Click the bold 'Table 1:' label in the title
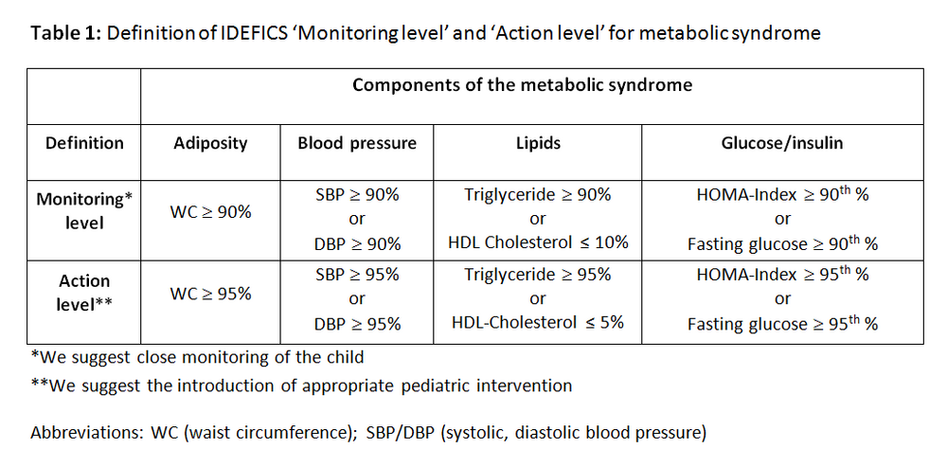[x=66, y=34]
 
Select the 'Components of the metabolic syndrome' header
[x=522, y=85]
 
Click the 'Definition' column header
[x=84, y=143]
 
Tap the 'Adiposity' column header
[x=210, y=143]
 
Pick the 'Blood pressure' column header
[x=356, y=143]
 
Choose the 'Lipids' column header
[x=537, y=143]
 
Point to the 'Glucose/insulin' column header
[x=782, y=143]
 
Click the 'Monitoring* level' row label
[x=84, y=211]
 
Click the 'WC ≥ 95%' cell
[x=210, y=294]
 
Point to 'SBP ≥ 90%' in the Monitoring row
[x=356, y=194]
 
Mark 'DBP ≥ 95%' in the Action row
[x=356, y=324]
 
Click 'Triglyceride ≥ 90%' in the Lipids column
[x=537, y=194]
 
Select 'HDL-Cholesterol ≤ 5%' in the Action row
[x=537, y=322]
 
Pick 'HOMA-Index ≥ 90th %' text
[x=782, y=194]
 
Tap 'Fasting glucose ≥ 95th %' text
[x=782, y=323]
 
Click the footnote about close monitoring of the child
[x=197, y=358]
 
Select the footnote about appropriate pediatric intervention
[x=301, y=385]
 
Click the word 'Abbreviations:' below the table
[x=87, y=433]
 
